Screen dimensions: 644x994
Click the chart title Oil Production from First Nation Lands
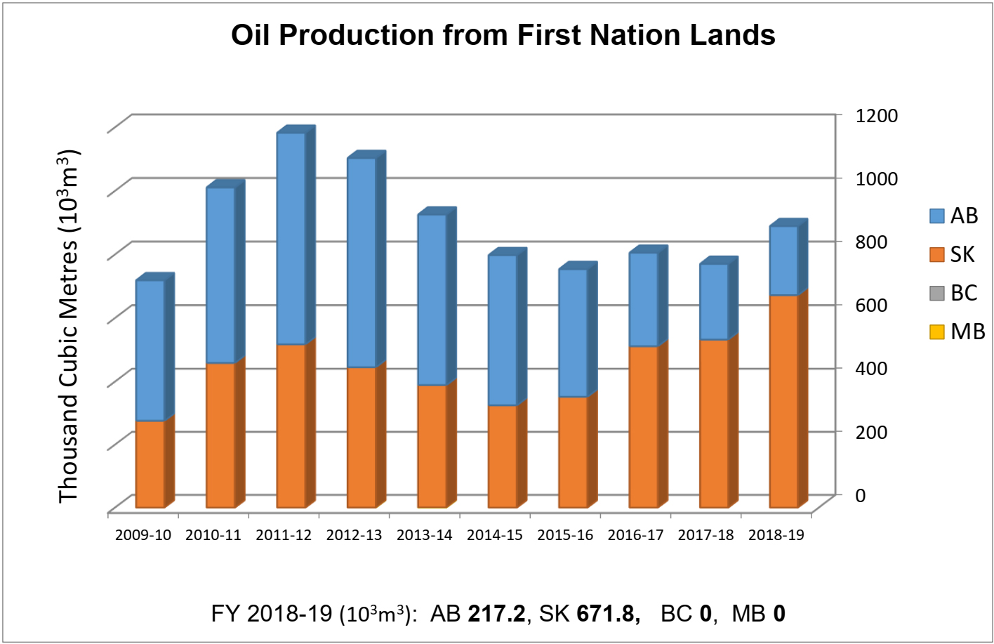click(x=503, y=34)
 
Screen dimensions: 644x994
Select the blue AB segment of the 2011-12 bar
click(x=291, y=239)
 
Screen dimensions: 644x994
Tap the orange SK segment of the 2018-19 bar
click(x=783, y=401)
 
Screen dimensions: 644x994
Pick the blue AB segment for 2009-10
click(x=150, y=350)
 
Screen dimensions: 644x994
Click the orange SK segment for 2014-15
click(x=502, y=456)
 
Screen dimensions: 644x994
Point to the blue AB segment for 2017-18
click(x=713, y=302)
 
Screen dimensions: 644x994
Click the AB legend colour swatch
click(x=936, y=216)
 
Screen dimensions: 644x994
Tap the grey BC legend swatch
click(x=936, y=293)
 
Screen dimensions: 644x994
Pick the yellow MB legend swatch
click(x=936, y=331)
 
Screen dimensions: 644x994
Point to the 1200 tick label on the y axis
click(x=876, y=115)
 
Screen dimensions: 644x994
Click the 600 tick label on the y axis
click(x=870, y=305)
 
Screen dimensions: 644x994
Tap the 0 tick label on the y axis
click(x=860, y=494)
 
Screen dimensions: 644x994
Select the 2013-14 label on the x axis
click(x=424, y=535)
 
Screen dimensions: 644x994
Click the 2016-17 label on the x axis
click(x=635, y=535)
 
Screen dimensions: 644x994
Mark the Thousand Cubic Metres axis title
click(x=68, y=327)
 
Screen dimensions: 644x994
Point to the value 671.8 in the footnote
click(x=608, y=614)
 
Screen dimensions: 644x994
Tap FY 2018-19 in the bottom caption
click(x=271, y=614)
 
